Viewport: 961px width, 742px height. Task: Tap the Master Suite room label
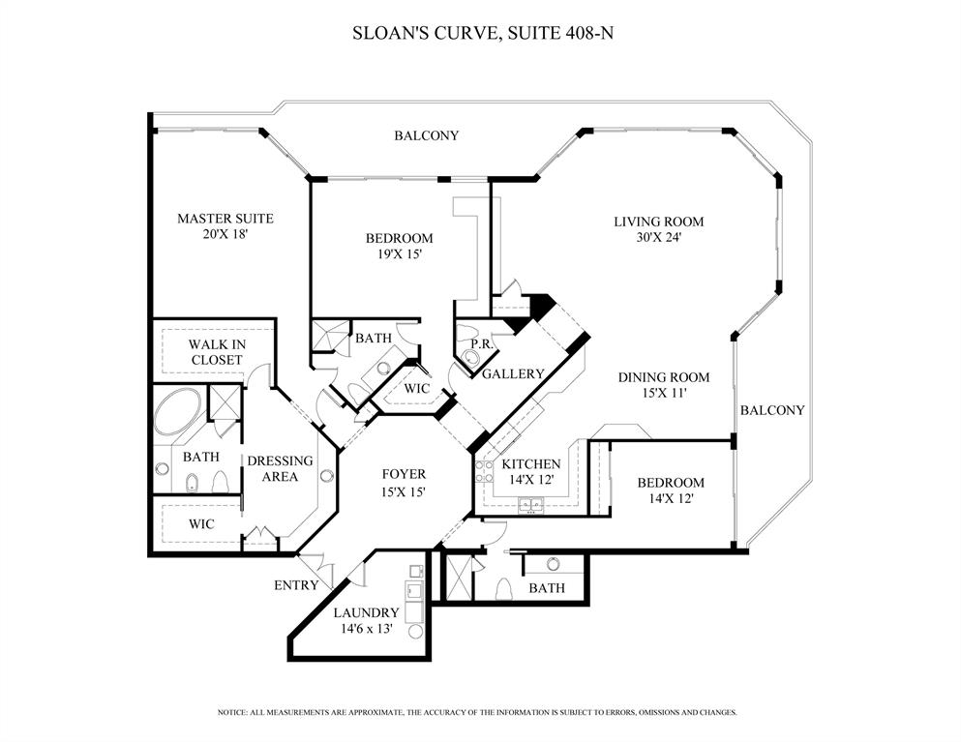pyautogui.click(x=225, y=219)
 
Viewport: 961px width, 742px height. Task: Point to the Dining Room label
pyautogui.click(x=663, y=377)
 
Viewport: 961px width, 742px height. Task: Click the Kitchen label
pyautogui.click(x=530, y=464)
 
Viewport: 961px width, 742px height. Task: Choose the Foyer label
pyautogui.click(x=404, y=474)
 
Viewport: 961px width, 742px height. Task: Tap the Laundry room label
pyautogui.click(x=366, y=612)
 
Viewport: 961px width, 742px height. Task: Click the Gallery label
pyautogui.click(x=513, y=373)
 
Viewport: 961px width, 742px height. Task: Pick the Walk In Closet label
pyautogui.click(x=216, y=352)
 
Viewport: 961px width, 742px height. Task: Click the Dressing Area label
pyautogui.click(x=280, y=468)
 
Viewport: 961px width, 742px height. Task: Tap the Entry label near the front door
pyautogui.click(x=295, y=584)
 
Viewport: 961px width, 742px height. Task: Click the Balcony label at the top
pyautogui.click(x=426, y=135)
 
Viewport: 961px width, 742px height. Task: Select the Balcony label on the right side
pyautogui.click(x=771, y=410)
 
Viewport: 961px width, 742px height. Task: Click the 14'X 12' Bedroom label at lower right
pyautogui.click(x=670, y=490)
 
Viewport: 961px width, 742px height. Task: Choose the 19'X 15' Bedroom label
pyautogui.click(x=398, y=246)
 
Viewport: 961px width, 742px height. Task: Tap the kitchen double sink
pyautogui.click(x=529, y=503)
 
